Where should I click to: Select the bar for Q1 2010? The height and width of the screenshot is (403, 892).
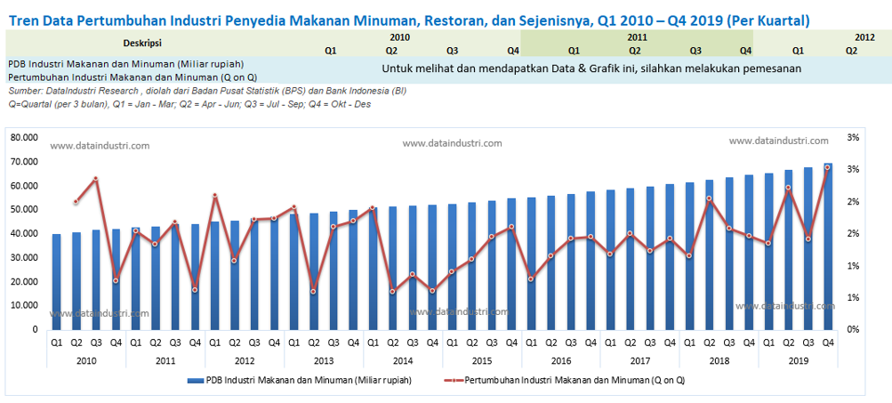pyautogui.click(x=56, y=281)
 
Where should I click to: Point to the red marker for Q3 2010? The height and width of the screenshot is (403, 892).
pyautogui.click(x=95, y=179)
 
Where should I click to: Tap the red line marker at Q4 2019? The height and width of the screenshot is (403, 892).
pyautogui.click(x=828, y=167)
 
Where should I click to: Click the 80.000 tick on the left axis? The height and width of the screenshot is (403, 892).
pyautogui.click(x=25, y=138)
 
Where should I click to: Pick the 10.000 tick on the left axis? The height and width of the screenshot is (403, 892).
pyautogui.click(x=25, y=305)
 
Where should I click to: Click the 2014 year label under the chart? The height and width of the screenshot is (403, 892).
pyautogui.click(x=402, y=360)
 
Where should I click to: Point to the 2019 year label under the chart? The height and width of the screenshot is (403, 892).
pyautogui.click(x=798, y=360)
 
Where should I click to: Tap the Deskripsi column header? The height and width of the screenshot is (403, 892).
pyautogui.click(x=142, y=42)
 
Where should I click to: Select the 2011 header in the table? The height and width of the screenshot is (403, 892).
pyautogui.click(x=637, y=37)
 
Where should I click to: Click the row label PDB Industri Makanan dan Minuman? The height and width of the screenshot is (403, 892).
pyautogui.click(x=125, y=64)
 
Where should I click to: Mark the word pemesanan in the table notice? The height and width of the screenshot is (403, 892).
pyautogui.click(x=767, y=69)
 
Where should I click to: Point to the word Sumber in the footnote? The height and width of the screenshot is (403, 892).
pyautogui.click(x=25, y=92)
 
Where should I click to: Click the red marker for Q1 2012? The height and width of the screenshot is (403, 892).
pyautogui.click(x=214, y=196)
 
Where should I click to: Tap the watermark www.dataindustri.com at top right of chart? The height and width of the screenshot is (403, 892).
pyautogui.click(x=779, y=141)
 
